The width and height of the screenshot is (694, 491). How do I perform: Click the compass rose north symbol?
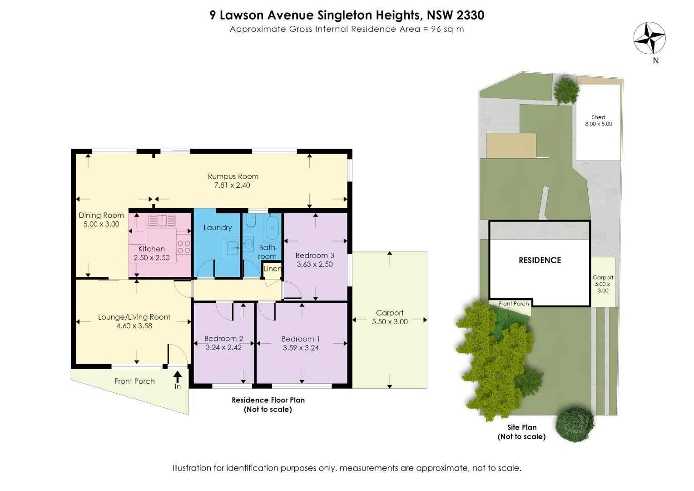pos(649,38)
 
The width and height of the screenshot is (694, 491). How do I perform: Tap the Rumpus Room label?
pos(233,176)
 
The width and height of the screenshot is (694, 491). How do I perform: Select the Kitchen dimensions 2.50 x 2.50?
pos(151,258)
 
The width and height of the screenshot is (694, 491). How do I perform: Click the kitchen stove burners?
pos(183,247)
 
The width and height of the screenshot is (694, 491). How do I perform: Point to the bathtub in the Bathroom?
pos(273,228)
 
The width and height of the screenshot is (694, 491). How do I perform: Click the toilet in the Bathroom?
pos(251,221)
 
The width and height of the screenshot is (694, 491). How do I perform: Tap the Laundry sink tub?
pos(233,248)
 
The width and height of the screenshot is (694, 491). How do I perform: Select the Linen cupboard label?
pos(272,269)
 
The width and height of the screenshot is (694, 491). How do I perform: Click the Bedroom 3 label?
pos(314,256)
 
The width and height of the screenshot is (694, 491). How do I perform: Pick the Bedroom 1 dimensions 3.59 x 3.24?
pos(301,348)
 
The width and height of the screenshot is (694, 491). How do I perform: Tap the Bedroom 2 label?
pos(223,339)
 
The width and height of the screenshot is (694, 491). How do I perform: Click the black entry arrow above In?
pos(178,376)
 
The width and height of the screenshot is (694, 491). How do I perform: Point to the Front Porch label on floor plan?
pos(134,381)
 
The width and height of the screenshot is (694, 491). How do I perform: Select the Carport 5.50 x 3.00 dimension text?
pos(390,321)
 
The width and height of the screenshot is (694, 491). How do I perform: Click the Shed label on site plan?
pos(598,117)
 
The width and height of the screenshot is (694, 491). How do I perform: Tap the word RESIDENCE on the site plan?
pos(540,261)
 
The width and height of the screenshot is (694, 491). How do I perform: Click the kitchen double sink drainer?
pos(162,220)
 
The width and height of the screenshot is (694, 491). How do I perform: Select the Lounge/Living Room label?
pos(134,317)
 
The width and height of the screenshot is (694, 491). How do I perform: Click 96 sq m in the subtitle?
pos(447,29)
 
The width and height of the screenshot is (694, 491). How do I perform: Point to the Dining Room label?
pos(101,215)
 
